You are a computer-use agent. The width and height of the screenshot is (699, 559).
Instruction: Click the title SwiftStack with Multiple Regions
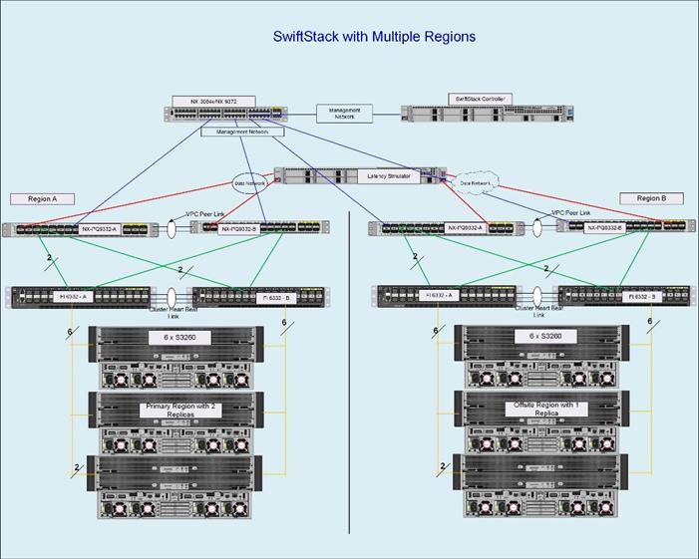point(374,37)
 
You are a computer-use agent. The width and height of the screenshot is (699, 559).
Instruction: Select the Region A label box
point(42,198)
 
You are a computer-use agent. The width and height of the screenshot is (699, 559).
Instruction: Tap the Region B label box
point(650,198)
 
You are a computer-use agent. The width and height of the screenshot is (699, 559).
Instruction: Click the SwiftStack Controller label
point(480,100)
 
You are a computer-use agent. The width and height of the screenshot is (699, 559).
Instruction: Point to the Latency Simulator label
point(389,176)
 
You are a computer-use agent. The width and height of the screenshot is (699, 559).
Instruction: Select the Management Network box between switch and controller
point(345,113)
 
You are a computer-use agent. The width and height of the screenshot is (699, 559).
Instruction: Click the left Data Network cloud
point(250,183)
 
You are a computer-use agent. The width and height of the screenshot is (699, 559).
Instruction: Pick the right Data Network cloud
point(476,183)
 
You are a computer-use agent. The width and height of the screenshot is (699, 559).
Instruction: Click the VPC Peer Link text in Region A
point(206,213)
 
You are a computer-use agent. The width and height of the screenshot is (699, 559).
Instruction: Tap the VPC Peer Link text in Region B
point(571,213)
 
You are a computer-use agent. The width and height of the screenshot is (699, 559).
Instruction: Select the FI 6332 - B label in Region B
point(638,296)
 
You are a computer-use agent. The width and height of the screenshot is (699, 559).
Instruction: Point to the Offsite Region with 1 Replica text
point(538,409)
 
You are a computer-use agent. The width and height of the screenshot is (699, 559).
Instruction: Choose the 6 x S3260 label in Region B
point(538,336)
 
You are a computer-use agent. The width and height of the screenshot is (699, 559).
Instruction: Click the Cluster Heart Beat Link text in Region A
point(174,312)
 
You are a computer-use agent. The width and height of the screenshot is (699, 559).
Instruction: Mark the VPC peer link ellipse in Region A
point(172,228)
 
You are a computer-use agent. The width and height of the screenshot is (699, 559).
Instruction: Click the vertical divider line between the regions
point(349,399)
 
